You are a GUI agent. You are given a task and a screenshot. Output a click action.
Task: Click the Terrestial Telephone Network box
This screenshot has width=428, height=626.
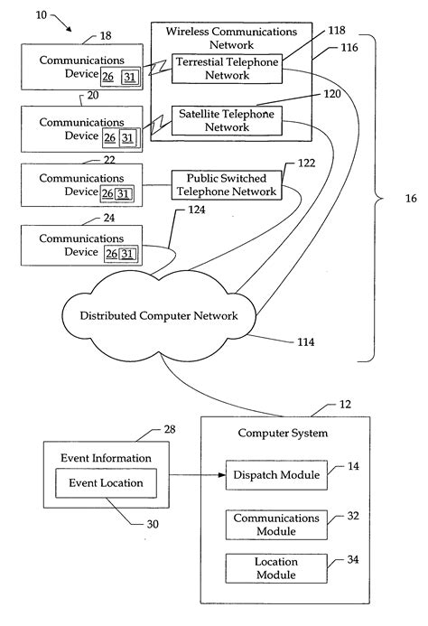click(226, 70)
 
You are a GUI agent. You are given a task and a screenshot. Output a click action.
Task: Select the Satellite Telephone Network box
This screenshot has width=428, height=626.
click(226, 121)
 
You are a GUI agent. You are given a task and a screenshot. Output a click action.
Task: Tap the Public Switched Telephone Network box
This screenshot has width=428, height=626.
click(226, 185)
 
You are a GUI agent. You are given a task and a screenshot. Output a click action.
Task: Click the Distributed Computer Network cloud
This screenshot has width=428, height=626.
click(160, 315)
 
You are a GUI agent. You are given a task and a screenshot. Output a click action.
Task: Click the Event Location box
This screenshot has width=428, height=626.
click(107, 482)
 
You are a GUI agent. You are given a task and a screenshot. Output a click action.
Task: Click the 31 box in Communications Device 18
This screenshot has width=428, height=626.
click(130, 78)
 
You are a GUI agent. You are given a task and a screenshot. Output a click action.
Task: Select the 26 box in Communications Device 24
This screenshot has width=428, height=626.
click(112, 254)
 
